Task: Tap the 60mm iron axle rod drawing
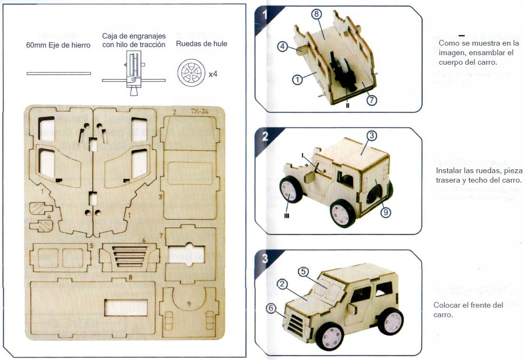tap(58, 73)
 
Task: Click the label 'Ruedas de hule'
tap(202, 44)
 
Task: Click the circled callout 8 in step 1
tap(317, 14)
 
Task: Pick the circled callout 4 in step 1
tap(283, 47)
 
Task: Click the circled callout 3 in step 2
tap(372, 136)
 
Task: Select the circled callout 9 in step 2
tap(385, 213)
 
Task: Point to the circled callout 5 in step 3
tap(304, 272)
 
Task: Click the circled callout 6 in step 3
tap(271, 308)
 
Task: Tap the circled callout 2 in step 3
tap(282, 284)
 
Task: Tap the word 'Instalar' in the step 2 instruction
tap(448, 170)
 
